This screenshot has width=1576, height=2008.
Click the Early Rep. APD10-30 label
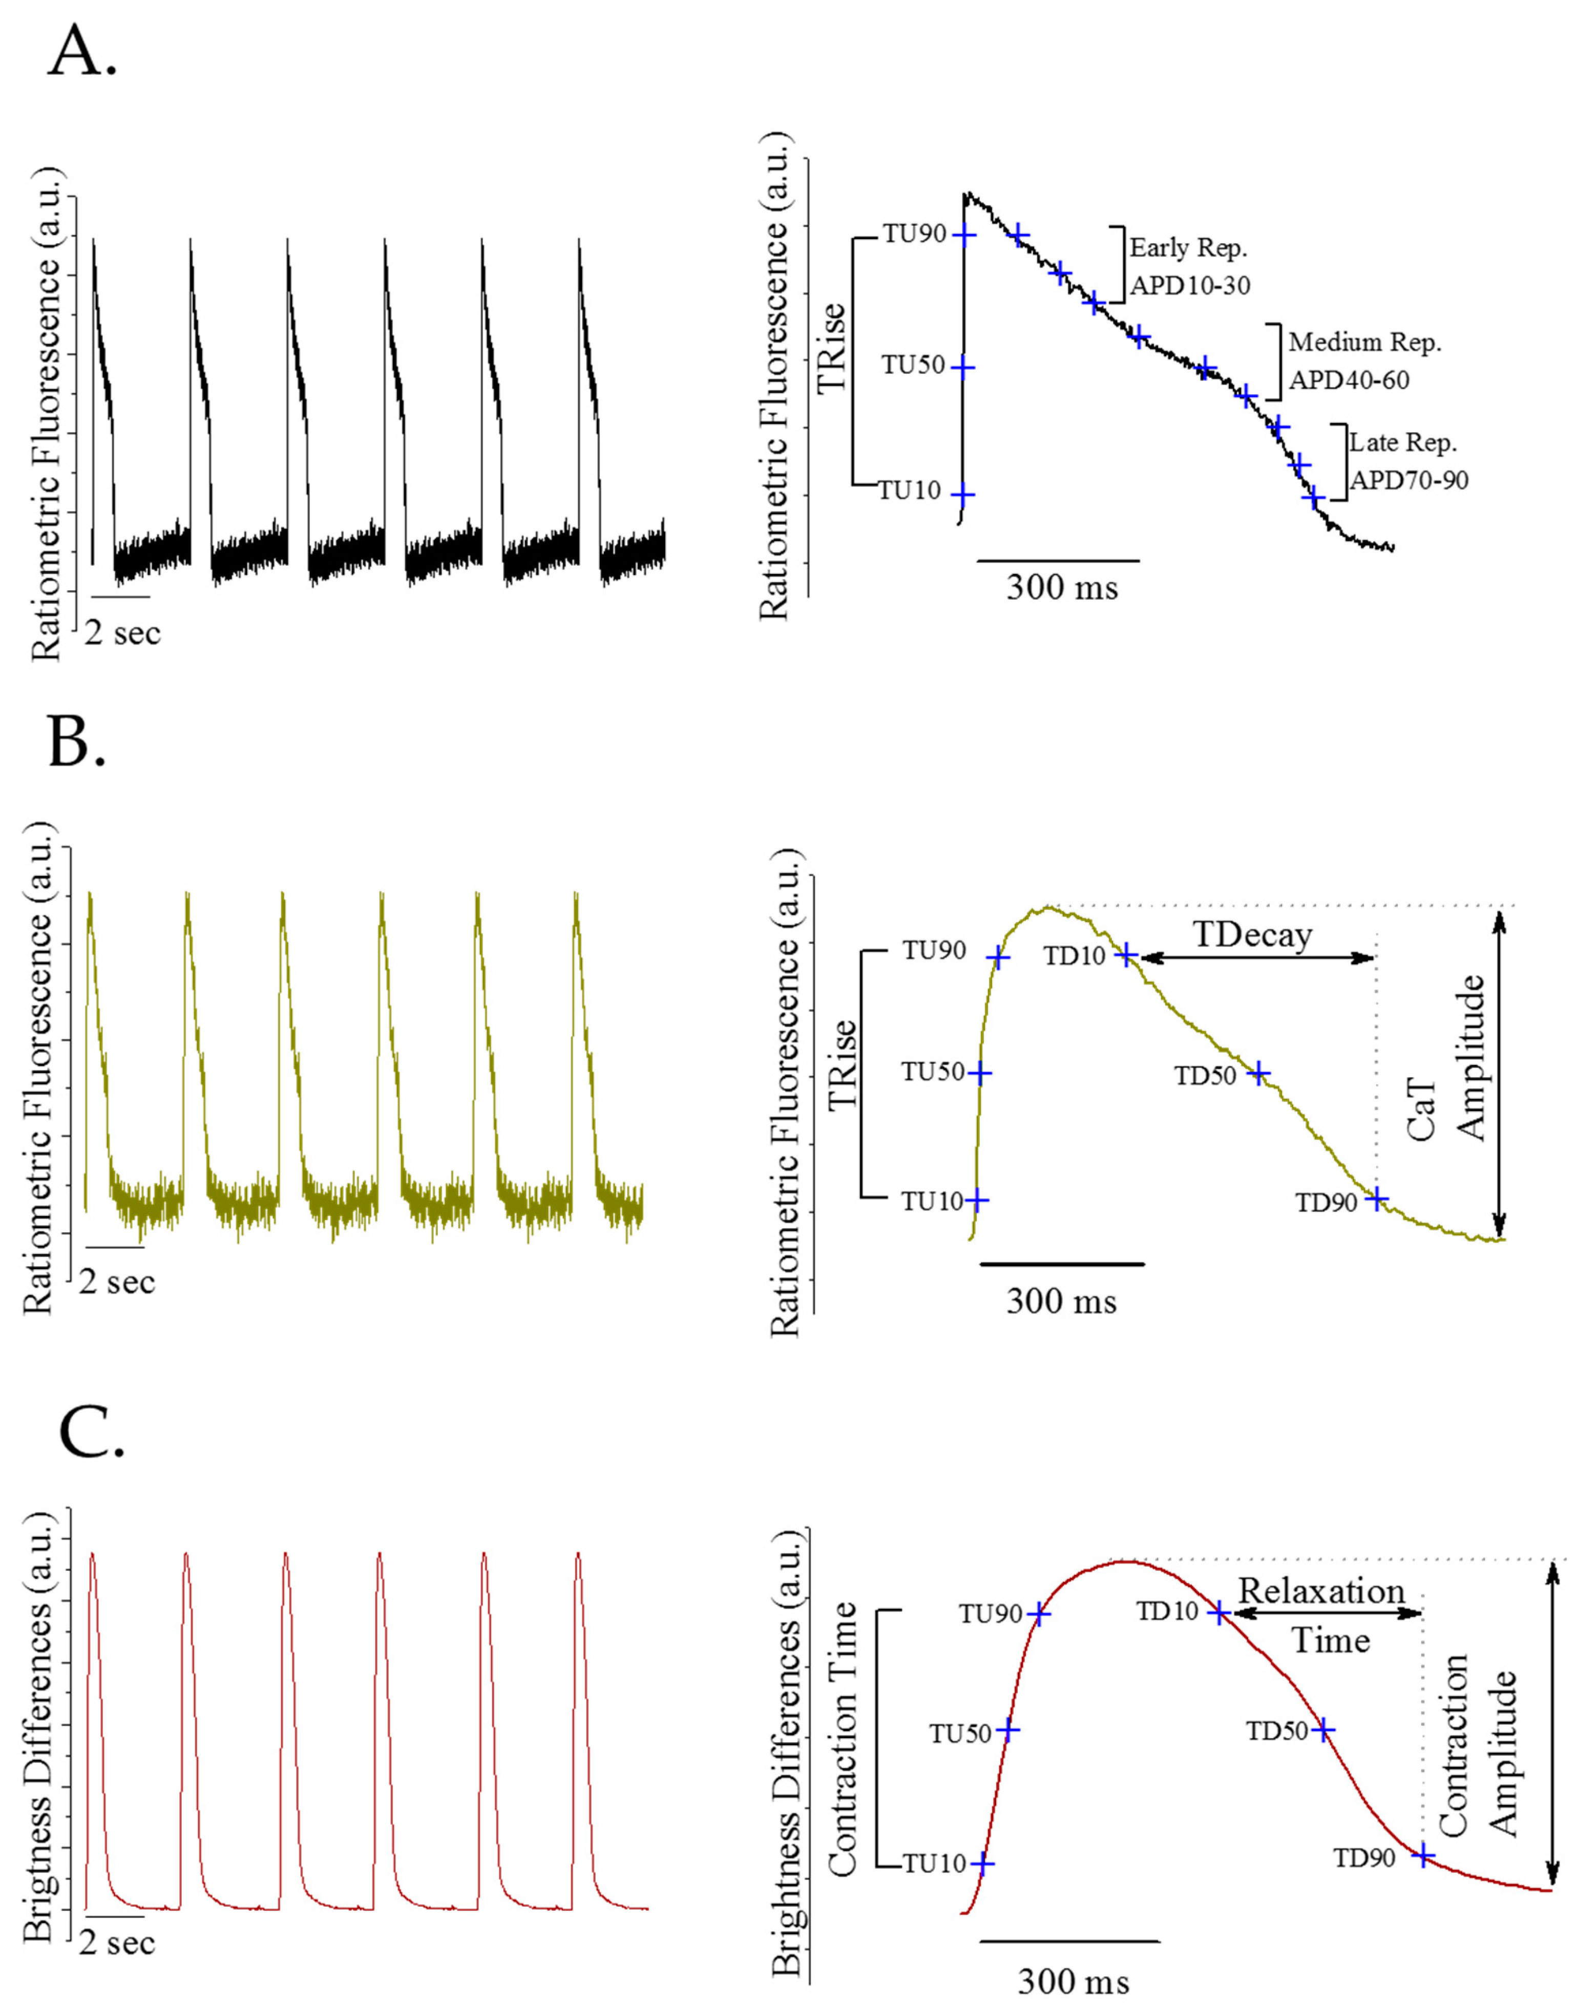[1188, 267]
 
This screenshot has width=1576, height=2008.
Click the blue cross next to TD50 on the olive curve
[1258, 1074]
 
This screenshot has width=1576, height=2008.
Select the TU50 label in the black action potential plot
[913, 365]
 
